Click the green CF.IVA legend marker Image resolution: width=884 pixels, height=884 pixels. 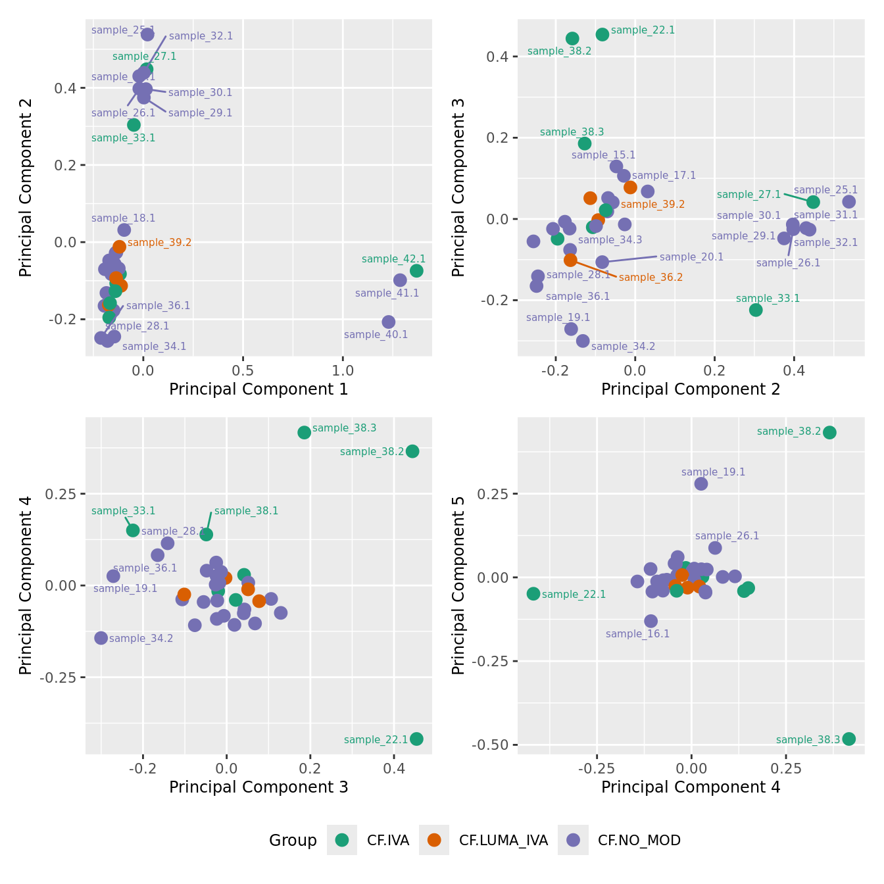(342, 840)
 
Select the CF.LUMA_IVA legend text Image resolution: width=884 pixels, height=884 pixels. (503, 841)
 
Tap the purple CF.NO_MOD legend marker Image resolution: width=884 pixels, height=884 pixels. (573, 840)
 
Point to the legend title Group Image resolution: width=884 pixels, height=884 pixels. (293, 841)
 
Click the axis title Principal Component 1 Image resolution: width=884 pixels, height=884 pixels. (258, 389)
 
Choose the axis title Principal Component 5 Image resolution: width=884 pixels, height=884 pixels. (458, 585)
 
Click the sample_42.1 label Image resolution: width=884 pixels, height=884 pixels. (393, 259)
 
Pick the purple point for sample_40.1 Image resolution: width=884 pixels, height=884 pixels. (389, 322)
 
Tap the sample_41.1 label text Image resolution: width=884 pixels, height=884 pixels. (387, 293)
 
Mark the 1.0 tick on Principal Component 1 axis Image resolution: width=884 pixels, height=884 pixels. (343, 370)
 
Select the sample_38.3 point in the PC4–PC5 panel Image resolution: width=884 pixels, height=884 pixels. (848, 739)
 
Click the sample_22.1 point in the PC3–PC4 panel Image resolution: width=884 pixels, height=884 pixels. (416, 739)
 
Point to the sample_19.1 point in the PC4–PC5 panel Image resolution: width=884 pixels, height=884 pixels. (701, 483)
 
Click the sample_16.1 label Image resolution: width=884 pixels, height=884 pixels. (637, 634)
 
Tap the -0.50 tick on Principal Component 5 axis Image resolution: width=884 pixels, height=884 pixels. (495, 745)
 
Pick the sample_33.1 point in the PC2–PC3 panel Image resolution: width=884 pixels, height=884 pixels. (756, 310)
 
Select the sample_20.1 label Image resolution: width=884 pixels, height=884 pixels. (691, 257)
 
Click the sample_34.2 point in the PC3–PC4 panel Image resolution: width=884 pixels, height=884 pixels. (101, 638)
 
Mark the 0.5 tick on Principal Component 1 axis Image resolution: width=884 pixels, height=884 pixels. (243, 370)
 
